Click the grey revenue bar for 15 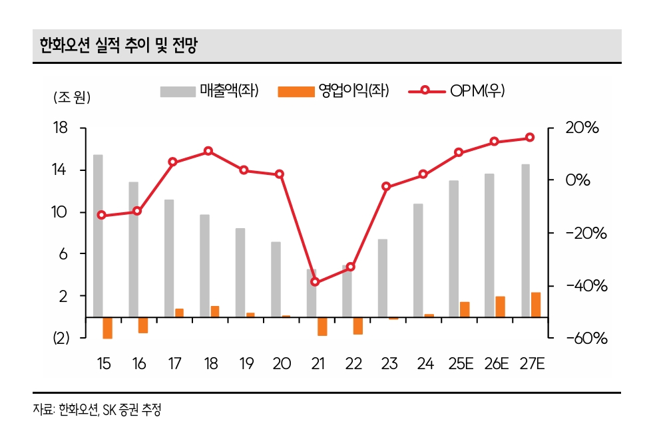98,235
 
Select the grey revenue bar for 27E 525,240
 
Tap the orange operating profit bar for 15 107,328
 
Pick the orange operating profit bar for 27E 535,305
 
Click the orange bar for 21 322,326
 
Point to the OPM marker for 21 316,282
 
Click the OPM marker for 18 208,151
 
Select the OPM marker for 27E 530,138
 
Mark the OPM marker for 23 387,186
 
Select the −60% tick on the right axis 586,339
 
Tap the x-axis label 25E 461,364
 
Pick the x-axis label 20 282,364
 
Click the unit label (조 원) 71,98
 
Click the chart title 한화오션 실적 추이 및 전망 118,46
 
